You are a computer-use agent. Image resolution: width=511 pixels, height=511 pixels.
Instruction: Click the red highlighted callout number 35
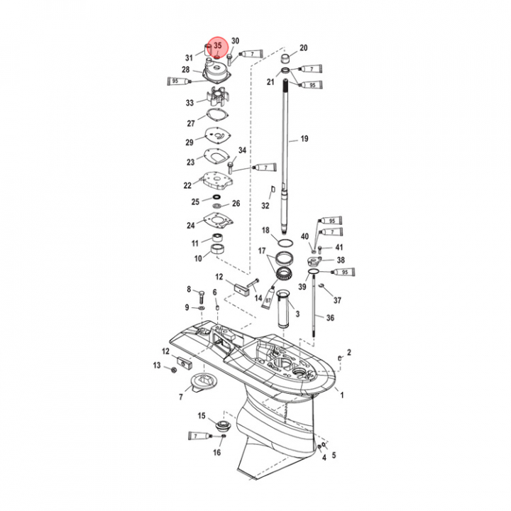tap(218, 45)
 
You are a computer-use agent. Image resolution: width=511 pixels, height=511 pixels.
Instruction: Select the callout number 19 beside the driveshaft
tap(304, 139)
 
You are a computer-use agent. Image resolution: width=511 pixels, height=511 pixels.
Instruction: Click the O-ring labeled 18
tap(285, 243)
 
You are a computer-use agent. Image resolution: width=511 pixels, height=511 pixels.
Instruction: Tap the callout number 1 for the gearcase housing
tap(342, 395)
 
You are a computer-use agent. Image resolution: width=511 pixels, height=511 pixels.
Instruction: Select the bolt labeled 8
tap(201, 297)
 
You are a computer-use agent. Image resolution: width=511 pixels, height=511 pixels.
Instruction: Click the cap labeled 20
tap(286, 60)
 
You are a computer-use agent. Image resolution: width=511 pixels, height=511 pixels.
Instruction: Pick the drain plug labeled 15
tap(223, 426)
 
